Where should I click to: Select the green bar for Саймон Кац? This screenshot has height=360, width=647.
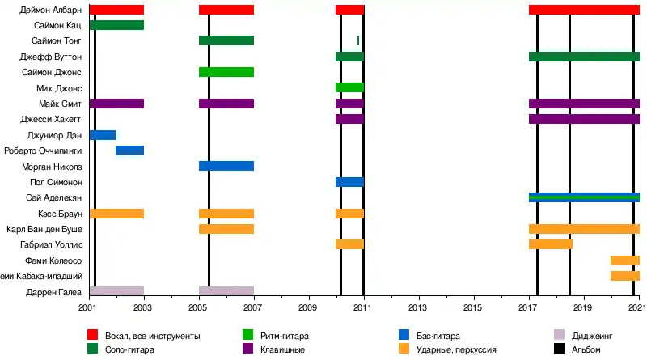116,25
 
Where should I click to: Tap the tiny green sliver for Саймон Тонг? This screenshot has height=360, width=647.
358,40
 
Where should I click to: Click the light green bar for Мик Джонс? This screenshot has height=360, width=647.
349,87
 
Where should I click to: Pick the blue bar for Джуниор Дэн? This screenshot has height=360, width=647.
103,134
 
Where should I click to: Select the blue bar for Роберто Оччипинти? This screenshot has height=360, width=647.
129,150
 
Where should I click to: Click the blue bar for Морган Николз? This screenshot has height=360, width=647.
226,166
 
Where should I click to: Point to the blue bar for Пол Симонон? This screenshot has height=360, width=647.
349,182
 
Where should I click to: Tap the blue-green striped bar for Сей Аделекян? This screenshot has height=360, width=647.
584,197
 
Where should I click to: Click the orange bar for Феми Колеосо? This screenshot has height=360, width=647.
624,260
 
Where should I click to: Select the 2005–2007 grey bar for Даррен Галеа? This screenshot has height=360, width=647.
226,291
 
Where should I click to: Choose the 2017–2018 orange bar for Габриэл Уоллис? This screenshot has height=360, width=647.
550,244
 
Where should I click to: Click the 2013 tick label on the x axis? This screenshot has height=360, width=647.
417,308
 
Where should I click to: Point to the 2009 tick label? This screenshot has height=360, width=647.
307,308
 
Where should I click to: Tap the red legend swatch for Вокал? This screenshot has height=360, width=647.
92,335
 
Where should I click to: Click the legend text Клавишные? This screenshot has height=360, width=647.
282,349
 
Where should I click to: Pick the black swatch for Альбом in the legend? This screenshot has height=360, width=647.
558,349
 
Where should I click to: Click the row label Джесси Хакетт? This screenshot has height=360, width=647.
54,119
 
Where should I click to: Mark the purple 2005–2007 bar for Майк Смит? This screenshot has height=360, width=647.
226,104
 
